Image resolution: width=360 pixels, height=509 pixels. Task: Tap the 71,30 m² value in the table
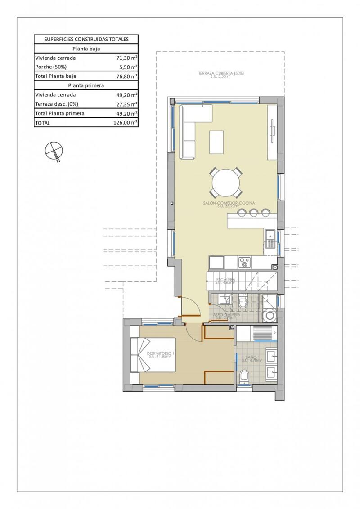click(127, 58)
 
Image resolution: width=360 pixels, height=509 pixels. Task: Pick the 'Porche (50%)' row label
click(50, 67)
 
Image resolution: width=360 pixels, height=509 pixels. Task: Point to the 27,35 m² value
click(127, 104)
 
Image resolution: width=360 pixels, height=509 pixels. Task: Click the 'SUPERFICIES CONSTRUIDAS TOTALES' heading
click(86, 39)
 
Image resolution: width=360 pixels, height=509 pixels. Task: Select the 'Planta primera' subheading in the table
click(86, 85)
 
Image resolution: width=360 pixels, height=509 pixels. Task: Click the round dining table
click(226, 183)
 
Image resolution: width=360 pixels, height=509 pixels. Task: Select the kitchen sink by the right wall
click(270, 239)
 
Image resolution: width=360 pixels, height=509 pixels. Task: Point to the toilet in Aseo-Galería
click(243, 304)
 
